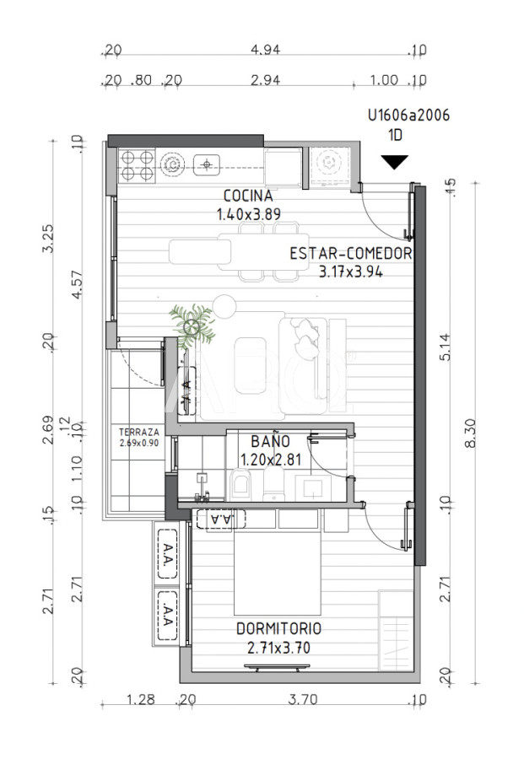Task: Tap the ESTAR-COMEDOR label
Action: point(349,253)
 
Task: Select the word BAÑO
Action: point(270,441)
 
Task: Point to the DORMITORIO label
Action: point(278,629)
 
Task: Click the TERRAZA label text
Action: point(138,433)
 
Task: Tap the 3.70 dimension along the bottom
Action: point(302,700)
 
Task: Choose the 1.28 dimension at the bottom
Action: point(139,700)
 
